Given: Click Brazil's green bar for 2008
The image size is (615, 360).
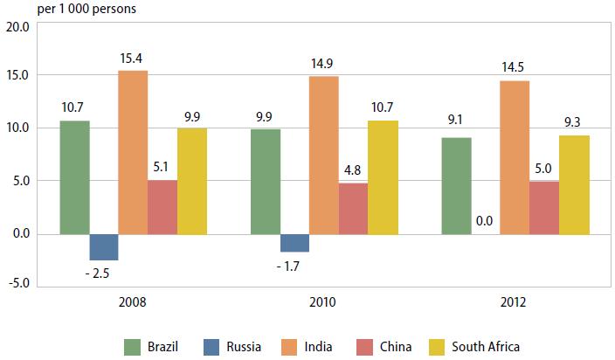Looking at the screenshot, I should (74, 177).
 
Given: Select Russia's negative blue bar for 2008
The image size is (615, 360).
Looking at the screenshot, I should (104, 246).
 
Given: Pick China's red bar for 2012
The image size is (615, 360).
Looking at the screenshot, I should (543, 207).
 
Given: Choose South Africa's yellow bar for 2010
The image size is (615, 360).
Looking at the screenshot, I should (383, 177).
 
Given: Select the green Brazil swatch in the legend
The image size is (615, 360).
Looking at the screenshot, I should (134, 346).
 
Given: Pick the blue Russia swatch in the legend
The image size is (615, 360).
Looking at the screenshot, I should (212, 346).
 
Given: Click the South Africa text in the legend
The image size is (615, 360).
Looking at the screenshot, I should (486, 346).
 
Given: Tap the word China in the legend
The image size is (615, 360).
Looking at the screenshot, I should (397, 346).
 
